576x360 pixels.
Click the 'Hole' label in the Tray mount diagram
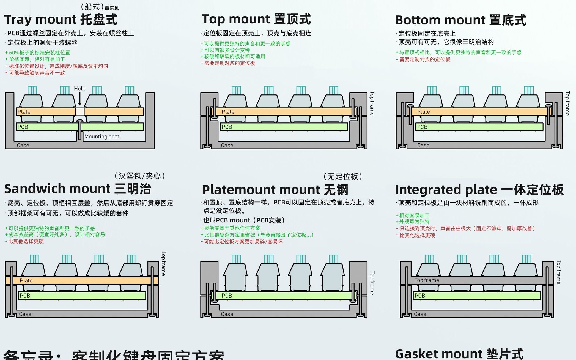pos(79,89)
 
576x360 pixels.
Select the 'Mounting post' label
pos(102,137)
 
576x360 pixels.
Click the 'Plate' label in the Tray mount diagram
pos(24,112)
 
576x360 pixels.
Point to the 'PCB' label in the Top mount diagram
pos(227,127)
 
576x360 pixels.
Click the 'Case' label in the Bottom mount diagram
pos(423,145)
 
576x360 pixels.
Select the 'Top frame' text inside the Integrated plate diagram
pos(427,280)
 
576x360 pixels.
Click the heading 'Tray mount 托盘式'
pos(61,20)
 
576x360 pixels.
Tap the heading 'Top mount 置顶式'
pos(256,19)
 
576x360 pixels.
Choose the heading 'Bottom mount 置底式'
pos(460,20)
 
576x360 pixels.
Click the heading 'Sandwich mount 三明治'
pos(78,189)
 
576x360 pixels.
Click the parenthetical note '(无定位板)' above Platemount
pos(343,176)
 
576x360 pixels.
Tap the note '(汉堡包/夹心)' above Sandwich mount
pos(139,176)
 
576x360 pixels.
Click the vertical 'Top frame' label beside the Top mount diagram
pos(372,103)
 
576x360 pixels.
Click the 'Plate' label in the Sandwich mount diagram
pos(26,280)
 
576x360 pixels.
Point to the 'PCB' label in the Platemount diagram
pos(227,296)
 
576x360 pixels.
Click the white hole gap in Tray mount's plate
pos(80,112)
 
